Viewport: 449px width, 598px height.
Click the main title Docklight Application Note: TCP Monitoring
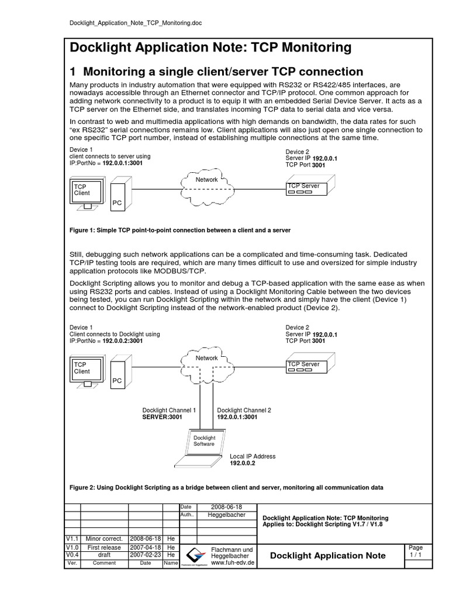click(x=210, y=47)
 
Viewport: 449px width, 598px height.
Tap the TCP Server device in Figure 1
click(x=308, y=188)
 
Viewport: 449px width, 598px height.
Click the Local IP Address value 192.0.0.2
click(x=243, y=464)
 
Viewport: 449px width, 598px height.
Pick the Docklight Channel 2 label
click(x=244, y=411)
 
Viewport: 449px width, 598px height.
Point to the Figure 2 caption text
click(x=226, y=487)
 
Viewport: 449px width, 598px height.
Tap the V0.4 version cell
click(x=71, y=555)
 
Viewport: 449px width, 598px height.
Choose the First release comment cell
click(x=104, y=547)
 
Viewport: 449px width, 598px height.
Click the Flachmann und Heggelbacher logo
click(x=194, y=555)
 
